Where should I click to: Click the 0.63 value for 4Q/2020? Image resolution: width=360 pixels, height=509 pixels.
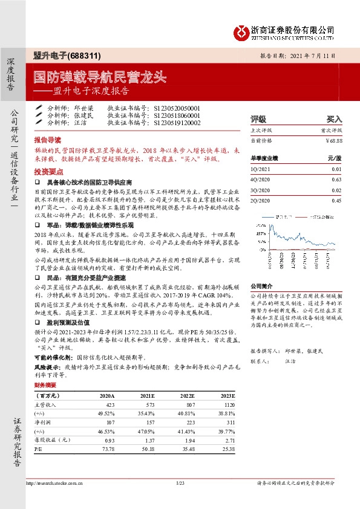(336, 180)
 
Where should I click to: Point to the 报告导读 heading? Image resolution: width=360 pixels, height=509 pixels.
(48, 138)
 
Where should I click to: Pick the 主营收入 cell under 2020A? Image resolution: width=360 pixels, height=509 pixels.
(110, 404)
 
